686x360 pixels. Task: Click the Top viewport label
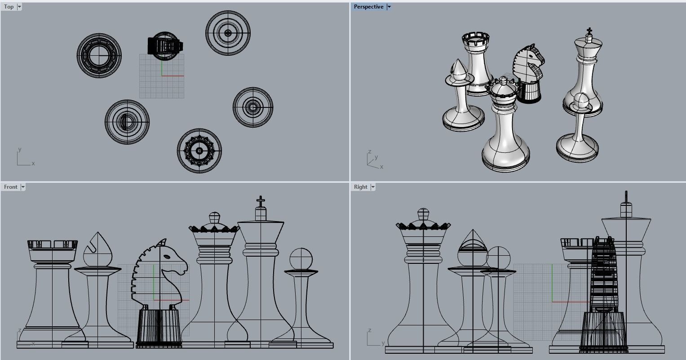coord(9,7)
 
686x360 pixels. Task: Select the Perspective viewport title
coord(368,7)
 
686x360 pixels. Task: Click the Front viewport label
coord(10,187)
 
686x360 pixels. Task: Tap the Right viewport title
coord(360,187)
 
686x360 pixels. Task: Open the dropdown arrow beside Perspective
coord(389,7)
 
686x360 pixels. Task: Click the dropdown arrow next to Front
coord(23,187)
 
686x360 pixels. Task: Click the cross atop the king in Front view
coord(261,200)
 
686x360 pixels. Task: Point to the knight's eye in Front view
coord(167,257)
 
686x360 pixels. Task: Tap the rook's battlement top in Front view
coord(53,244)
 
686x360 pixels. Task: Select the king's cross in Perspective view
coord(589,31)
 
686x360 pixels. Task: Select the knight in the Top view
coord(165,45)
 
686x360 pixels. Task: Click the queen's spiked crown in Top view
coord(199,151)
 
